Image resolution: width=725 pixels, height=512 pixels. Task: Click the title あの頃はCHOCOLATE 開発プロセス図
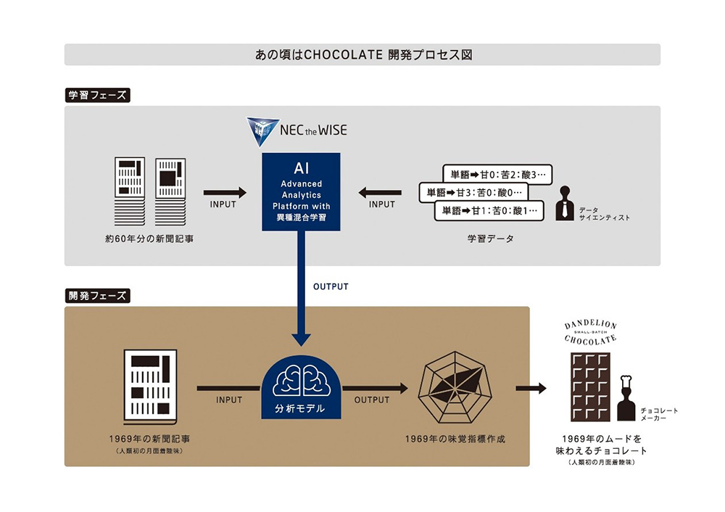[x=362, y=54]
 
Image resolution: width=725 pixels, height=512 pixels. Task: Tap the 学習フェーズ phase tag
[x=97, y=95]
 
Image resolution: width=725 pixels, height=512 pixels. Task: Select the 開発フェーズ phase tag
[x=97, y=296]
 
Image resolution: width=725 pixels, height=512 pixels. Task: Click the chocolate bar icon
[x=589, y=387]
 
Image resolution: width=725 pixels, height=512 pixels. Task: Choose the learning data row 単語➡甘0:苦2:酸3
[x=497, y=174]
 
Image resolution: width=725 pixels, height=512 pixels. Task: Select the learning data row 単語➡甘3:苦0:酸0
[x=474, y=193]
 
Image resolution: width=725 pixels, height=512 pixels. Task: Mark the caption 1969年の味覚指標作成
[x=455, y=439]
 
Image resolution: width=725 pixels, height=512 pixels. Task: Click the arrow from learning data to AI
[x=381, y=192]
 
